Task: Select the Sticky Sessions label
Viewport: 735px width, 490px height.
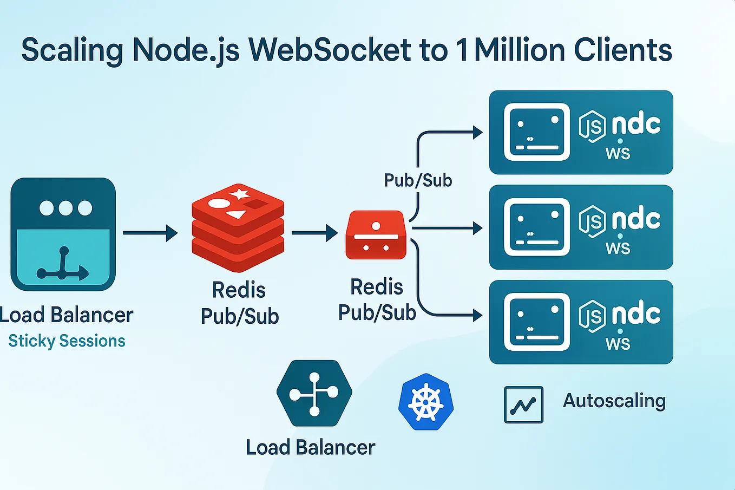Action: point(67,341)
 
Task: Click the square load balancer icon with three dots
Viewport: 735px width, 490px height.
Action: point(63,234)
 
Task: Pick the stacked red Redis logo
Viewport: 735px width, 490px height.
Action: point(238,227)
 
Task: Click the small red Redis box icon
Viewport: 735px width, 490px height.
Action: point(376,235)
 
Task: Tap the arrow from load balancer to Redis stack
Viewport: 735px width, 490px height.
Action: point(150,233)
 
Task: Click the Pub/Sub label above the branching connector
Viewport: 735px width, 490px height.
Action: point(418,180)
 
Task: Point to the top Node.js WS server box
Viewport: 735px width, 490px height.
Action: point(581,133)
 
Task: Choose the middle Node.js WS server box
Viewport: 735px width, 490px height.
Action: point(581,227)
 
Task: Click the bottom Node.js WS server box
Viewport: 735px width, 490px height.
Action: point(581,322)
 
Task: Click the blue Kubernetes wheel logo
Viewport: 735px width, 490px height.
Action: point(426,402)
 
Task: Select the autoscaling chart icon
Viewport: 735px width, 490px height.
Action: point(523,404)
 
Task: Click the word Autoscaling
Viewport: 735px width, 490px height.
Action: point(614,401)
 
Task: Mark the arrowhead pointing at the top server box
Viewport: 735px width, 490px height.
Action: point(477,132)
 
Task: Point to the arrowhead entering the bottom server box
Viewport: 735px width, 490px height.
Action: point(477,315)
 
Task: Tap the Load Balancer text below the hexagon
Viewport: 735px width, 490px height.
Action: point(310,448)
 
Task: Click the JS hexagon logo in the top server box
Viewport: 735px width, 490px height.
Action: point(592,127)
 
